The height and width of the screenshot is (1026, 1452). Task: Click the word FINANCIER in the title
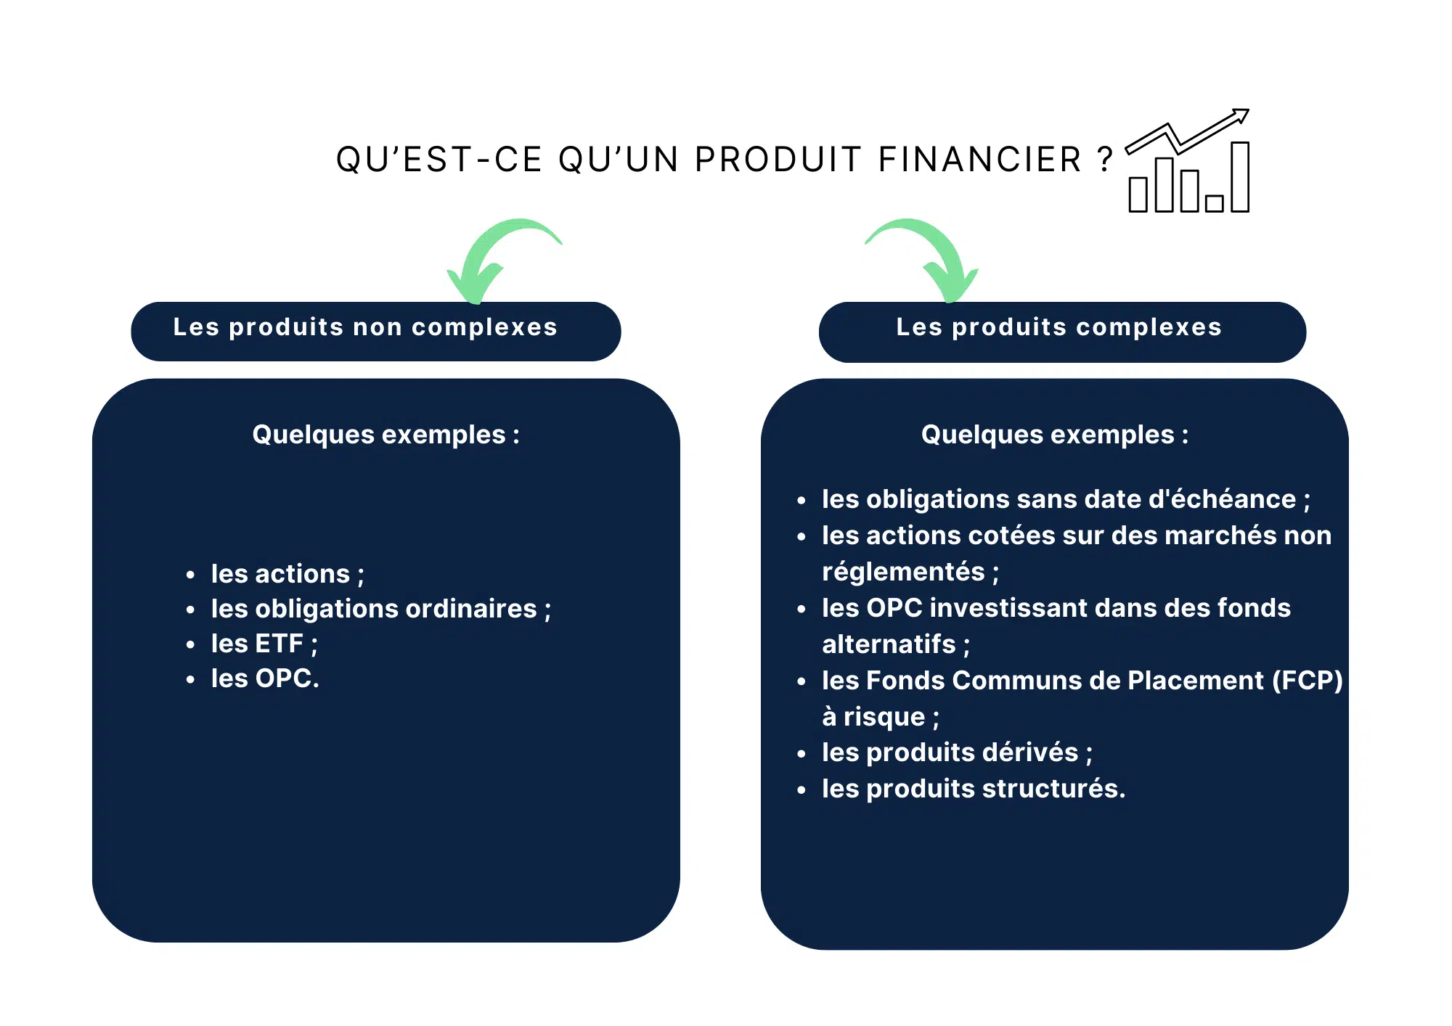[980, 160]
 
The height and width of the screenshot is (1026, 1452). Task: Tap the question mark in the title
[1105, 160]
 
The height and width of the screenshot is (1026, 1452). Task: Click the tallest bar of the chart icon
[1240, 177]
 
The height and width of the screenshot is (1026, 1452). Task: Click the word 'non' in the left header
[377, 327]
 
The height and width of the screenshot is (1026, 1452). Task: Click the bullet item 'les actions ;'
[287, 574]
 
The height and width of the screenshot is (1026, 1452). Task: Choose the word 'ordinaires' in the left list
[471, 609]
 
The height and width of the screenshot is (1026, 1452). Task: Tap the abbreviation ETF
[279, 644]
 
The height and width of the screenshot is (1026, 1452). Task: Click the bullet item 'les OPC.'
[265, 678]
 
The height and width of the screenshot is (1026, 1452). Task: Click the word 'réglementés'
[903, 572]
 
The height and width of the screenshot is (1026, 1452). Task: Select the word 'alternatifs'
[889, 644]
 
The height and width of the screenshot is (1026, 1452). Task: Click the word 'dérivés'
[1035, 752]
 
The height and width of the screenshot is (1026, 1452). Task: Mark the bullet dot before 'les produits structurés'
[802, 790]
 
